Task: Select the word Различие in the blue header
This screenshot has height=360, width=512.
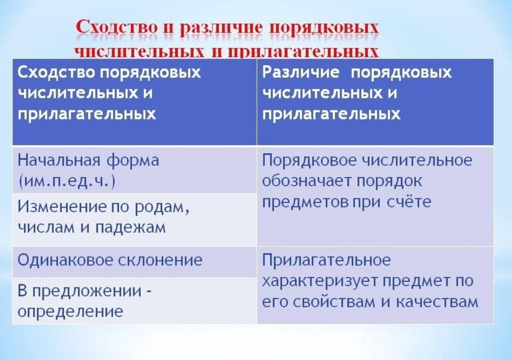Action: pos(301,72)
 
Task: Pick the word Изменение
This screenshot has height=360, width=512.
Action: pos(62,206)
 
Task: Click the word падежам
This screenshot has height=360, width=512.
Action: pos(131,228)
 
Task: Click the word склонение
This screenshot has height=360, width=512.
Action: pos(160,260)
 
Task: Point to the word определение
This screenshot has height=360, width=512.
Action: pos(70,312)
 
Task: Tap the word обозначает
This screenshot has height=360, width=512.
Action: pos(306,181)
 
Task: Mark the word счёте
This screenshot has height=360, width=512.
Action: pos(409,202)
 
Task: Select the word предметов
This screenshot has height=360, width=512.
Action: pos(306,203)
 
